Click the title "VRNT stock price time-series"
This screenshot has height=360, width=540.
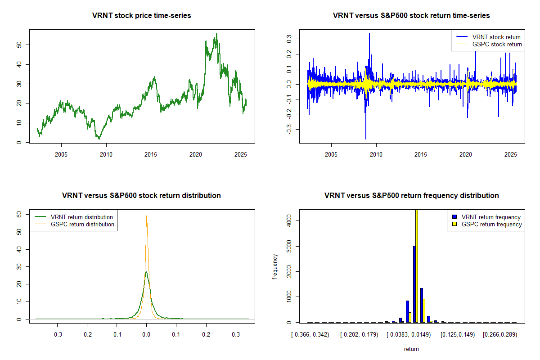142,16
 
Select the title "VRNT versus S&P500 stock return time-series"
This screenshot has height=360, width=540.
411,16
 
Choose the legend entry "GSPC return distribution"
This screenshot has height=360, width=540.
82,224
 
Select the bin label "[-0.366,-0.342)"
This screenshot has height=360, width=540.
310,335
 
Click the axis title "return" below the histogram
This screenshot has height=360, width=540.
411,349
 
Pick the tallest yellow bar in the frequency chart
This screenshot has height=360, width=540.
417,265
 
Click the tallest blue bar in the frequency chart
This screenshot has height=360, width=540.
414,283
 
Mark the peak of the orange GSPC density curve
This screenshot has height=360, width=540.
146,216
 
